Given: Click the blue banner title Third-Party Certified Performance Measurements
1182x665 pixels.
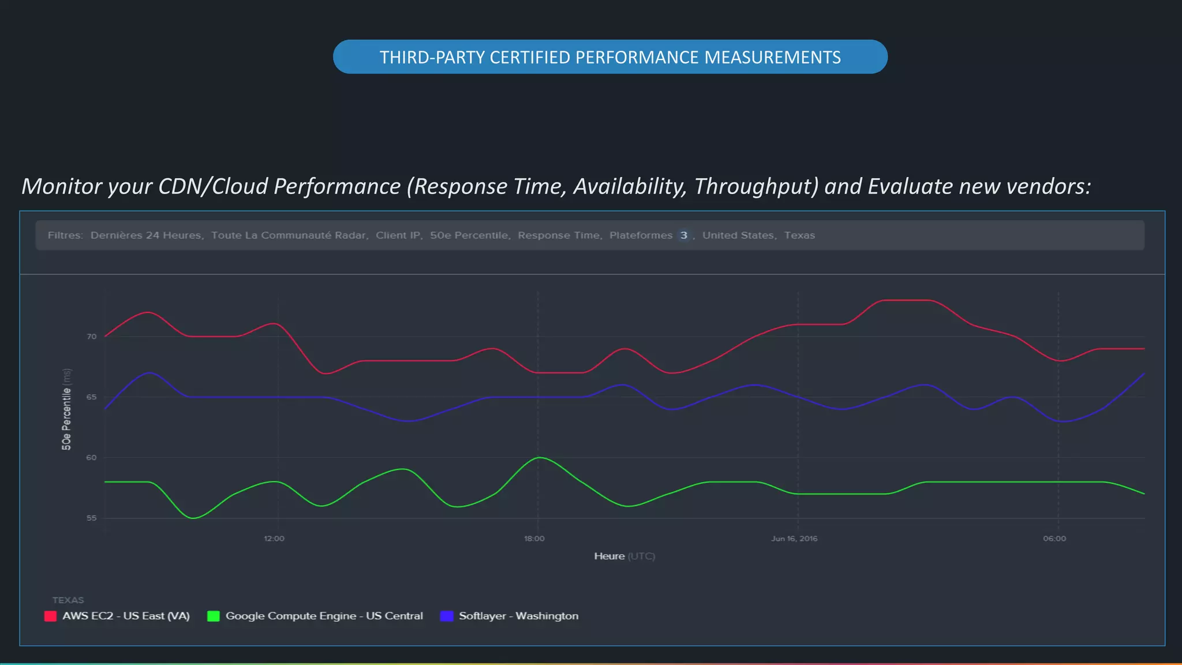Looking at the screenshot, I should pyautogui.click(x=610, y=57).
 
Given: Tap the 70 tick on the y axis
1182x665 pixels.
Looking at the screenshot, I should pyautogui.click(x=92, y=337).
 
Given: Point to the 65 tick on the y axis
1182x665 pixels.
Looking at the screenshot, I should pyautogui.click(x=92, y=397).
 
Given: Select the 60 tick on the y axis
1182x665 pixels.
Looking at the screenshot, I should pyautogui.click(x=92, y=458).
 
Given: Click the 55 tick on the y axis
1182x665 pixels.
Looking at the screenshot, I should pyautogui.click(x=92, y=518).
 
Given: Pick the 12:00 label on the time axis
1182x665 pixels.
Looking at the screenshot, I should pyautogui.click(x=274, y=539).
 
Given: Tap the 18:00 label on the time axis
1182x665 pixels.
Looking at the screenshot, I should pyautogui.click(x=534, y=539).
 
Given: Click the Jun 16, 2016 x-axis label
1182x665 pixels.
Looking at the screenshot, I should pyautogui.click(x=794, y=539).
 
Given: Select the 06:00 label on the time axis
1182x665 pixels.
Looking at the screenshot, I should pyautogui.click(x=1054, y=539).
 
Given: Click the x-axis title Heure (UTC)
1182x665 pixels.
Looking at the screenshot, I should pyautogui.click(x=624, y=556).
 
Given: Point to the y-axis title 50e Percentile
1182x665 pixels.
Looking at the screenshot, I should pyautogui.click(x=67, y=409).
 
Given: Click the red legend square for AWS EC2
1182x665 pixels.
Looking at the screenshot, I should pyautogui.click(x=50, y=616).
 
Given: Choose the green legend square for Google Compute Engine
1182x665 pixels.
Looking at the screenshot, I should pyautogui.click(x=214, y=616).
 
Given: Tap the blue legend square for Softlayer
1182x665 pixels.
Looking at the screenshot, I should pyautogui.click(x=447, y=616).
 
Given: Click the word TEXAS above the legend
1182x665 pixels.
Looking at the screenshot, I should pyautogui.click(x=68, y=600).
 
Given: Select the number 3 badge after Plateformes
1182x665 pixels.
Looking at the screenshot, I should pyautogui.click(x=683, y=236).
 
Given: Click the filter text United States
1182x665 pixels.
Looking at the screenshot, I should pyautogui.click(x=738, y=236).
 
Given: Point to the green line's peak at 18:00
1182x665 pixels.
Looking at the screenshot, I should pyautogui.click(x=539, y=458).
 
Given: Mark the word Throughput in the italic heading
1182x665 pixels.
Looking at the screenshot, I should pyautogui.click(x=756, y=186).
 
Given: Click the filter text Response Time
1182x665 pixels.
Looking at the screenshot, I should pyautogui.click(x=559, y=236).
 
